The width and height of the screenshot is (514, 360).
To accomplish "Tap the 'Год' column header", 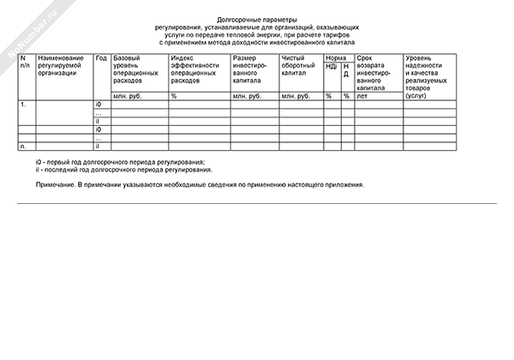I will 101,57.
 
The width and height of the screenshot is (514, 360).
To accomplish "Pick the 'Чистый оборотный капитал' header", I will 299,65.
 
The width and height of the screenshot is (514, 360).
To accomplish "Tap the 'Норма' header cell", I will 336,57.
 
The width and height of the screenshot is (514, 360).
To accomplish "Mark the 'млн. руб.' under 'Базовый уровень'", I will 128,96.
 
